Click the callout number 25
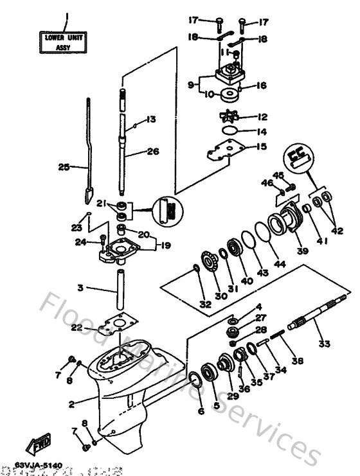(64, 167)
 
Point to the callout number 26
(153, 152)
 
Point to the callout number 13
(150, 119)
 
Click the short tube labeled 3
(119, 289)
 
